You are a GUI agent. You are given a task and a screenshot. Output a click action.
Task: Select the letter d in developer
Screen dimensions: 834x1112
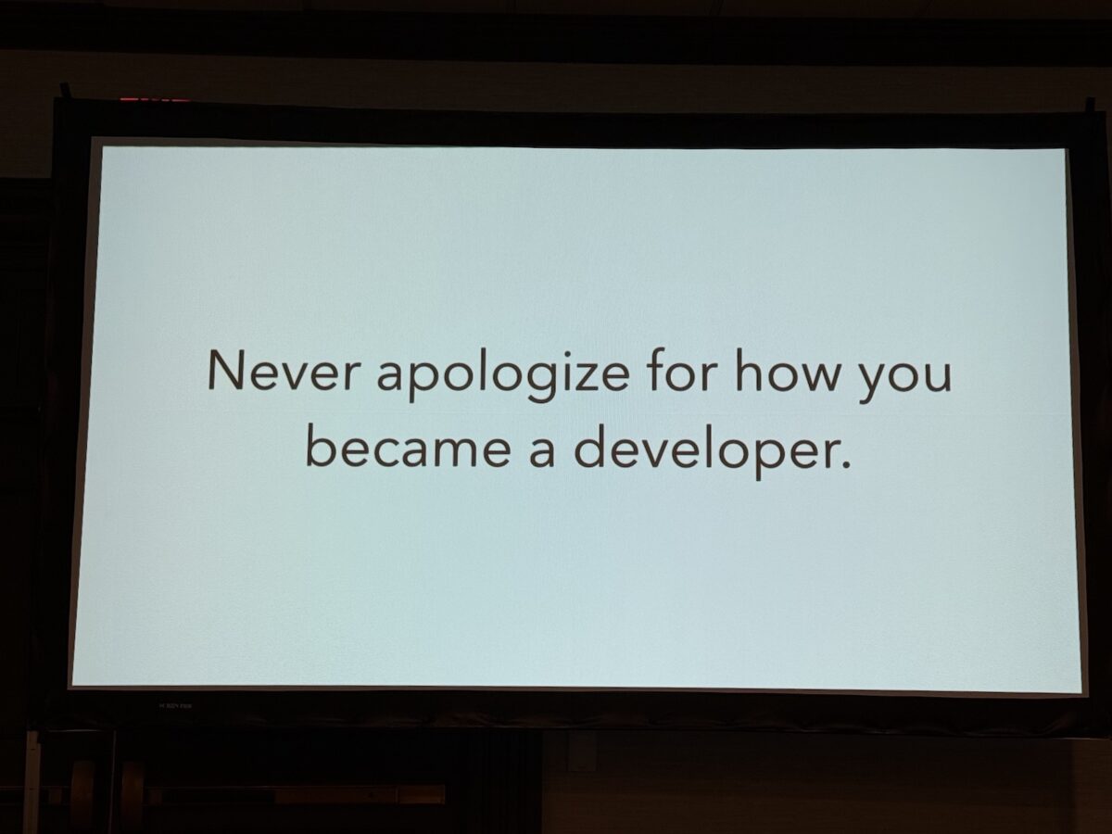[587, 448]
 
